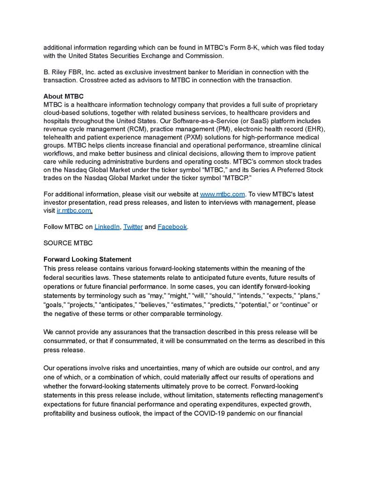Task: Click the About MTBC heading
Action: [63, 96]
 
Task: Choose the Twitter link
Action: [133, 227]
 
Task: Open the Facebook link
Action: [172, 227]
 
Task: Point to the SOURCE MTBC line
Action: [68, 243]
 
